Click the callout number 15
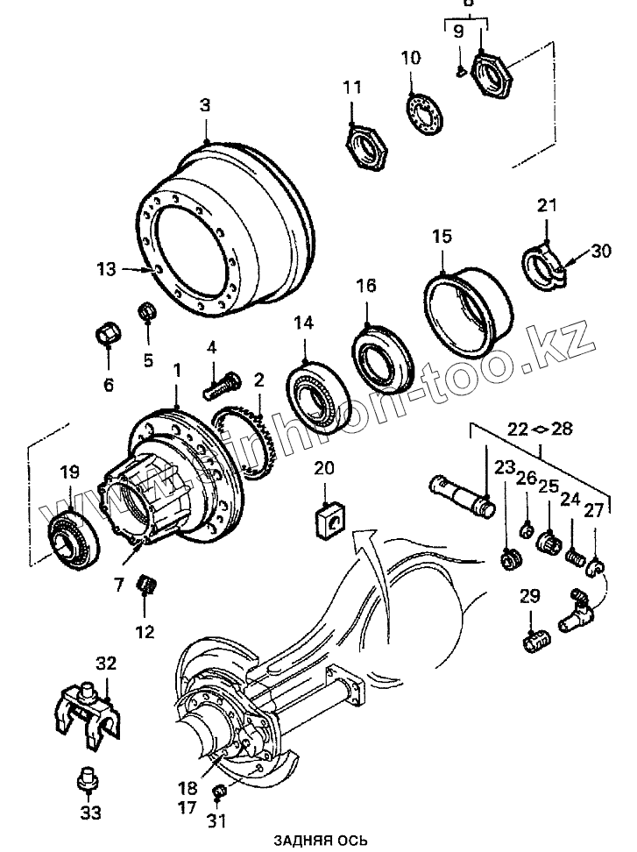[x=441, y=237]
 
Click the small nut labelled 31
[x=221, y=792]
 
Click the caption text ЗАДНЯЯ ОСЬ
[x=319, y=840]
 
